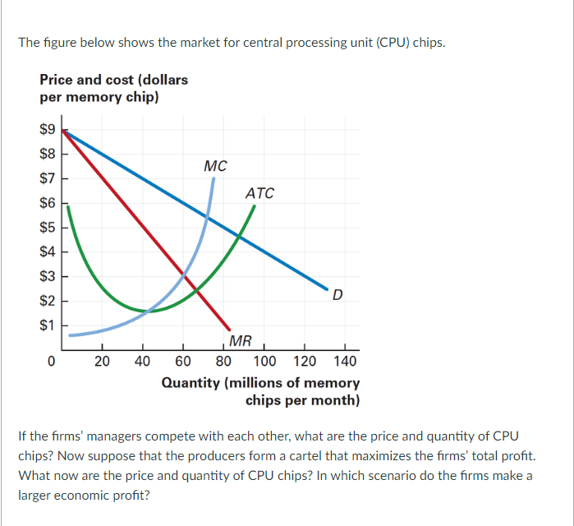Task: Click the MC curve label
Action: click(215, 166)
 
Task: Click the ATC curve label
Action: click(259, 193)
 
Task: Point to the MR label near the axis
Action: click(241, 341)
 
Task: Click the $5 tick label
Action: click(48, 227)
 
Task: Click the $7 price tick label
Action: click(48, 178)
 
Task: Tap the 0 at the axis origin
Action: click(51, 361)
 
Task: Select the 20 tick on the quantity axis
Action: click(102, 361)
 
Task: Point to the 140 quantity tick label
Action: click(346, 361)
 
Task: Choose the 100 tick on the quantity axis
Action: click(264, 361)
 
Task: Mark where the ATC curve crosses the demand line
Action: click(240, 236)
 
